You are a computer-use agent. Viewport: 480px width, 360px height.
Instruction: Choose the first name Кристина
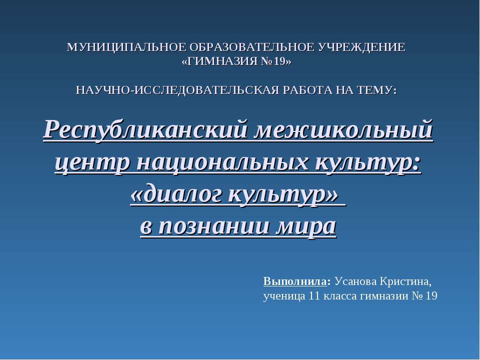click(x=405, y=280)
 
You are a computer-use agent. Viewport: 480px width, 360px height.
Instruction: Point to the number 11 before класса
click(x=314, y=296)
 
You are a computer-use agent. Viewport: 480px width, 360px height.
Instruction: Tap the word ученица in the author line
click(x=283, y=296)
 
